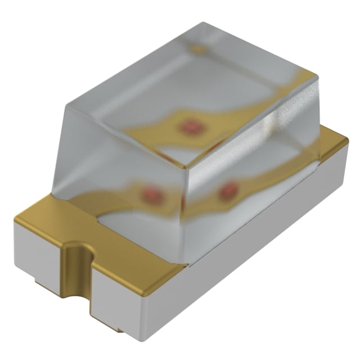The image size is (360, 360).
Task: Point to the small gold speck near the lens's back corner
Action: click(197, 49)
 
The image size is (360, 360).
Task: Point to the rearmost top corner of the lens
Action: click(202, 24)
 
